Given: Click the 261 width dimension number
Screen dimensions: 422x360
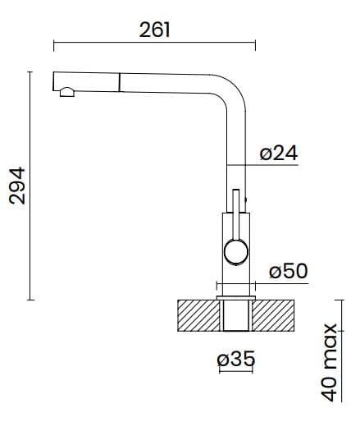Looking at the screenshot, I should tap(154, 30).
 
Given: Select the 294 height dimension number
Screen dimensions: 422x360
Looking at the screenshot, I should tap(16, 186).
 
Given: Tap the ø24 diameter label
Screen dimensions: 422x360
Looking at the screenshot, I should tap(278, 153).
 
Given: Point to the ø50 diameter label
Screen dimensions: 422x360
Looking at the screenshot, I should tap(287, 271).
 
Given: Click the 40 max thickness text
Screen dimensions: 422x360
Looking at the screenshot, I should tap(331, 362).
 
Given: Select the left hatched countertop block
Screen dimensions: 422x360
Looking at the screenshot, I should tap(199, 315).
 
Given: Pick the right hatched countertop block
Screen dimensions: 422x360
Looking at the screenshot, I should tap(274, 315).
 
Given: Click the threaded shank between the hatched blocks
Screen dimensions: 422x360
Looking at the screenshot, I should tap(236, 315).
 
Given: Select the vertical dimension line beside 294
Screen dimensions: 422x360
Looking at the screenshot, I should tap(32, 186).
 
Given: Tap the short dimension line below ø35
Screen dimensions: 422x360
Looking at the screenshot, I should tap(236, 371).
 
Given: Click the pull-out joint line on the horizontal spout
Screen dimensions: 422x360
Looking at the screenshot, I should tap(121, 80).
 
